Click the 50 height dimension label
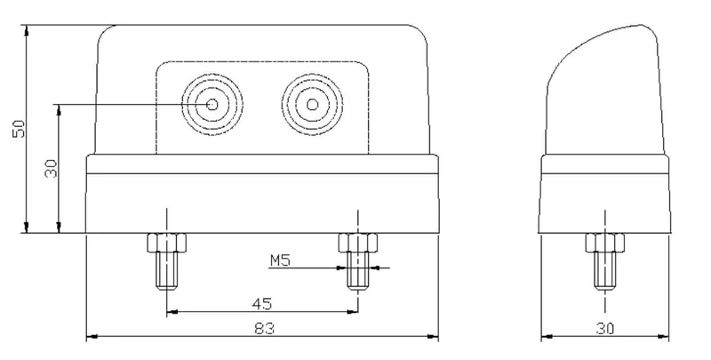[20, 129]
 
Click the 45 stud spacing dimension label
[261, 303]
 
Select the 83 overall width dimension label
[264, 328]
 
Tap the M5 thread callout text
[280, 260]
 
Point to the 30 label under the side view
[605, 328]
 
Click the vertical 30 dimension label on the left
[52, 168]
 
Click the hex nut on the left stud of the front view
[167, 243]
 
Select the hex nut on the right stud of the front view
[358, 243]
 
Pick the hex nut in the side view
[605, 243]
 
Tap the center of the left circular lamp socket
[212, 105]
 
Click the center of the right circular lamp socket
[312, 105]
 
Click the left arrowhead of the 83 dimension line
[92, 336]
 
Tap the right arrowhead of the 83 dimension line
[433, 336]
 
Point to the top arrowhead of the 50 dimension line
[27, 31]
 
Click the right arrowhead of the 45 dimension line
[352, 311]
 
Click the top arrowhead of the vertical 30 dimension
[59, 109]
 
